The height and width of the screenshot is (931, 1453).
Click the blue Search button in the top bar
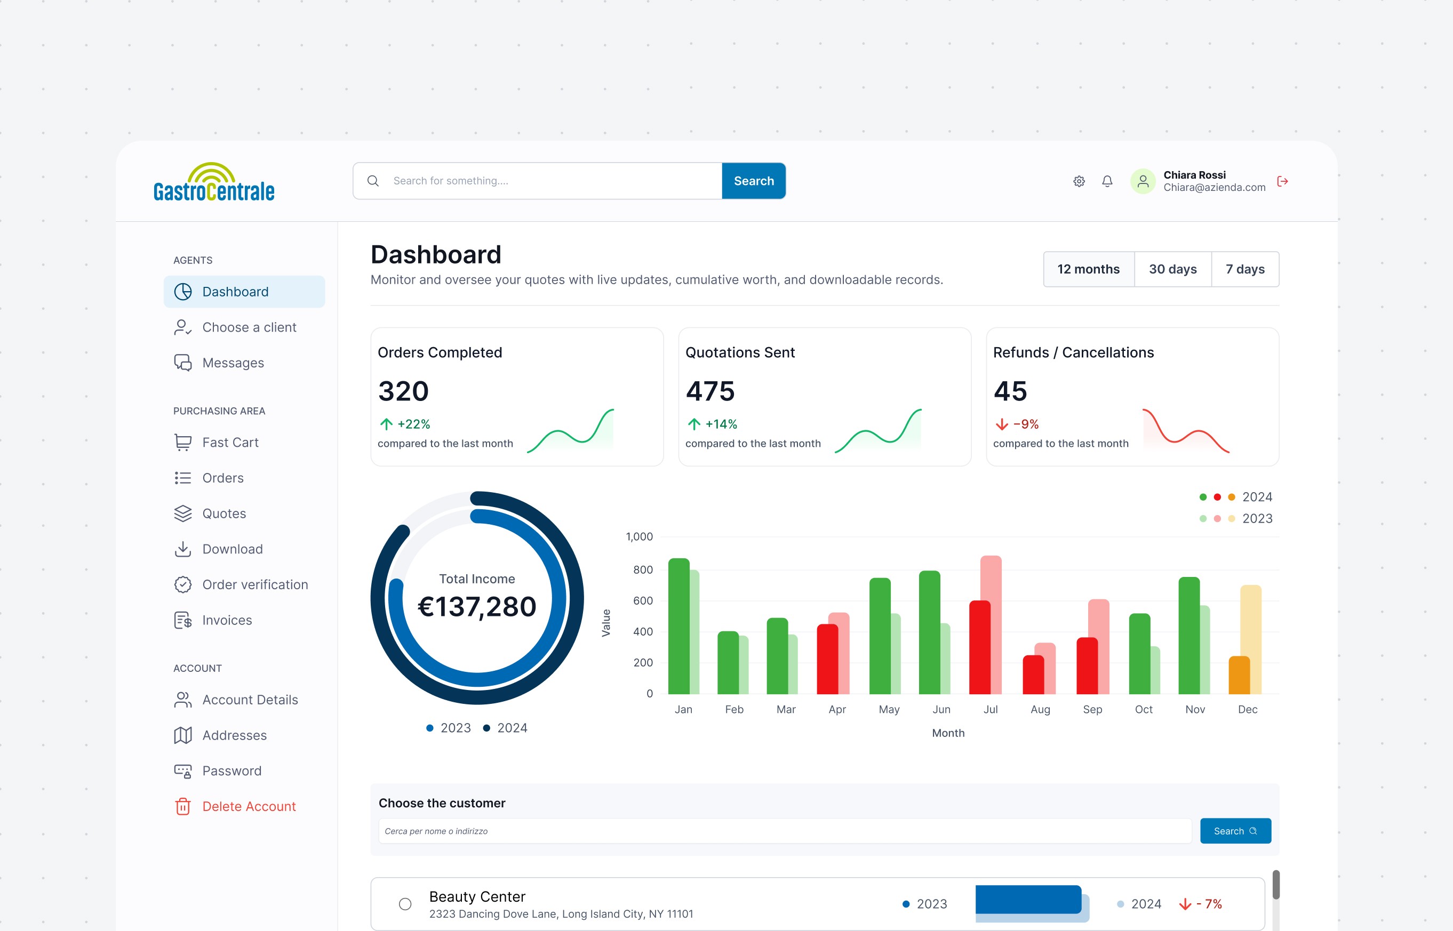[753, 181]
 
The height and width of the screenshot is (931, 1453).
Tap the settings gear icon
[1079, 181]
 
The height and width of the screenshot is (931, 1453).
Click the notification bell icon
[1107, 181]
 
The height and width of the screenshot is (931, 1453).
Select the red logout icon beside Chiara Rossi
[1282, 181]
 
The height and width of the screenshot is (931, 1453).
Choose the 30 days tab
[1172, 269]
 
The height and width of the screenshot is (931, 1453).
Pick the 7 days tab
[1245, 269]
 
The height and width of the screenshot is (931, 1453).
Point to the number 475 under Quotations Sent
[710, 391]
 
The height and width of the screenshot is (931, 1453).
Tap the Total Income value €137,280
[476, 607]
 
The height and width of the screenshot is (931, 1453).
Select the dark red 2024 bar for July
[979, 647]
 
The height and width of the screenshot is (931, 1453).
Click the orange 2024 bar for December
[1239, 675]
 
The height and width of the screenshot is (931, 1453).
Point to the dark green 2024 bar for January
[679, 625]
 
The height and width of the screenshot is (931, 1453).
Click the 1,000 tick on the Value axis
[639, 537]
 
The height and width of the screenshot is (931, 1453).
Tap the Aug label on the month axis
[1040, 710]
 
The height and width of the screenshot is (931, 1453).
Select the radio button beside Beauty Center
[405, 904]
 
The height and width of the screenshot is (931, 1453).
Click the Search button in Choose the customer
[1235, 831]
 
